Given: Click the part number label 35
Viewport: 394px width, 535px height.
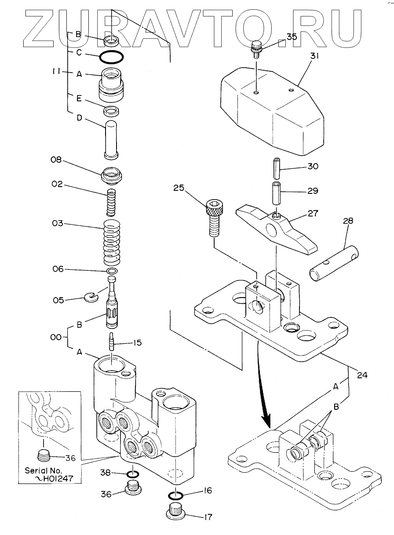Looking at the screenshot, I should pyautogui.click(x=292, y=37).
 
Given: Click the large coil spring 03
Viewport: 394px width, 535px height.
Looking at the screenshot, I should pyautogui.click(x=112, y=240).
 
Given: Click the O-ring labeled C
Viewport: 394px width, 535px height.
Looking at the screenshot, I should pyautogui.click(x=110, y=56).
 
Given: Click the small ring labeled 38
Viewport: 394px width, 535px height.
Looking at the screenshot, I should pyautogui.click(x=133, y=475).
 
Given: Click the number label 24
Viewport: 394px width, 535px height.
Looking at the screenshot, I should pyautogui.click(x=362, y=375).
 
